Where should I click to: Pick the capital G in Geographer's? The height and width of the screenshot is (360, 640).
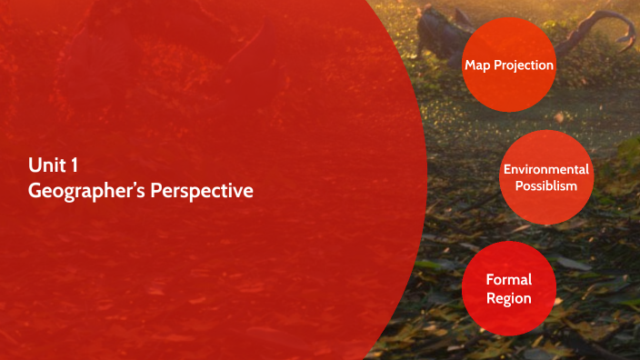click(35, 192)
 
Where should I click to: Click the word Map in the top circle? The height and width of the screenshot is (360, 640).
click(478, 65)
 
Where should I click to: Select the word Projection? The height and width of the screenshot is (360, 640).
click(525, 65)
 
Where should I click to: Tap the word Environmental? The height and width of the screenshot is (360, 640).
click(546, 169)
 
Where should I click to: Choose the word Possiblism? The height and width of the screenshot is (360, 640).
click(546, 185)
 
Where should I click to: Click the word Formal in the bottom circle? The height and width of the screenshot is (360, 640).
click(509, 279)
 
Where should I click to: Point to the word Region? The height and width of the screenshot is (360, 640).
click(509, 298)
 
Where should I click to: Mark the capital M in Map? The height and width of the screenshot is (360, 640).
click(470, 65)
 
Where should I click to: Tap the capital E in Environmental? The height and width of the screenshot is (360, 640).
click(507, 169)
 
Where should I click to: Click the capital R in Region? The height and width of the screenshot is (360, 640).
click(491, 298)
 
